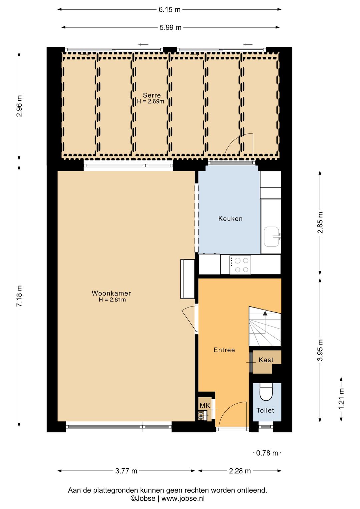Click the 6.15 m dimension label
coord(169,10)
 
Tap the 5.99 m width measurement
coord(170,27)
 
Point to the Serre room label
coord(152,95)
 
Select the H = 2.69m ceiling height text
coord(151,101)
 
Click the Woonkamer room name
coord(111,293)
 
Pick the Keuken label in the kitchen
coord(230,218)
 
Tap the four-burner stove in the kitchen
coord(240,265)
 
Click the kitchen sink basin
coord(272,236)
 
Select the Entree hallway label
coord(224,350)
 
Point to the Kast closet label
coord(266,360)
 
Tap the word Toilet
coord(265,410)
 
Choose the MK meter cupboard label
coord(205,405)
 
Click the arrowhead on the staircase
coord(265,313)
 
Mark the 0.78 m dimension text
coord(267,453)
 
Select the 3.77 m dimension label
coord(126,471)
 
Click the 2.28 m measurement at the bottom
coord(240,471)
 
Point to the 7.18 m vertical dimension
coord(19,296)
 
